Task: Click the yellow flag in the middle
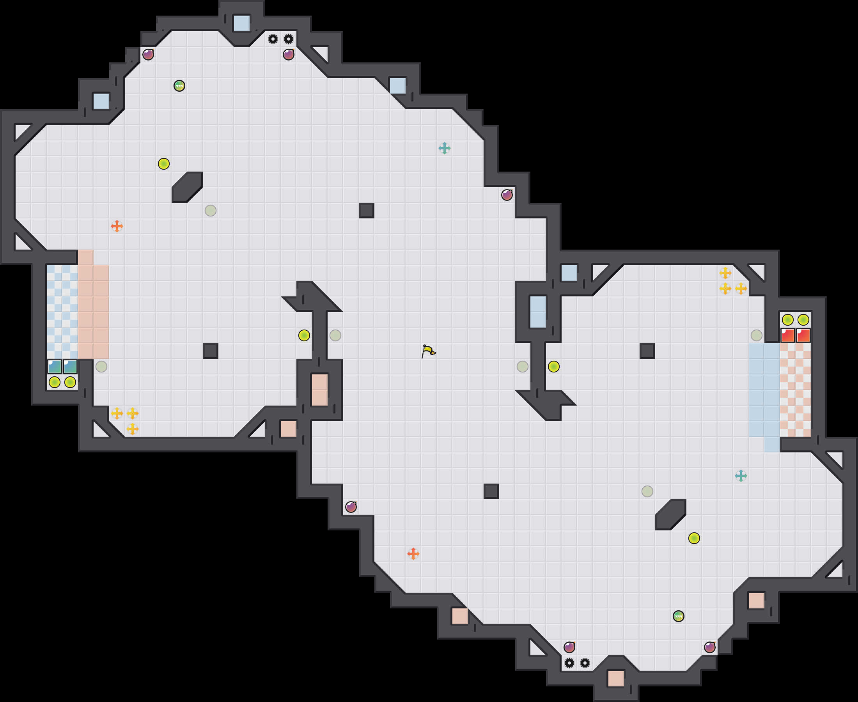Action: click(x=428, y=351)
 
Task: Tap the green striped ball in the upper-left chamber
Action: click(x=179, y=86)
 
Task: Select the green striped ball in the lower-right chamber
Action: click(x=678, y=616)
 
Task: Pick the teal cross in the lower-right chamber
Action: click(x=740, y=475)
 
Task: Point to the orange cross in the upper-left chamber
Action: click(x=117, y=226)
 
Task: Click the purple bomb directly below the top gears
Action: click(x=288, y=54)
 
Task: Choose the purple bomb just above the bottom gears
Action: click(x=569, y=647)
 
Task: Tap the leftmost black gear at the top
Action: click(x=273, y=39)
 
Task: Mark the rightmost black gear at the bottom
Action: click(x=585, y=663)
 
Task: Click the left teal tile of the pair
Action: click(x=55, y=367)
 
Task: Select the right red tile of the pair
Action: click(x=803, y=335)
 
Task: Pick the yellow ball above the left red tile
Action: click(x=787, y=320)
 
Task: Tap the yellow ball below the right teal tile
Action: click(x=70, y=382)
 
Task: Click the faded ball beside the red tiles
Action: click(x=756, y=335)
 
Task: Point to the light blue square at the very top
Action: click(x=241, y=23)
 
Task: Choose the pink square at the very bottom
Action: click(x=616, y=679)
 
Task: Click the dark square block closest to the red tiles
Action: click(x=647, y=351)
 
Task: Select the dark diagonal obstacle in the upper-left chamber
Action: click(x=187, y=187)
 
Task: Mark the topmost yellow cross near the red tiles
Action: click(x=725, y=273)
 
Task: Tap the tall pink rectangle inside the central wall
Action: click(x=319, y=390)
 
